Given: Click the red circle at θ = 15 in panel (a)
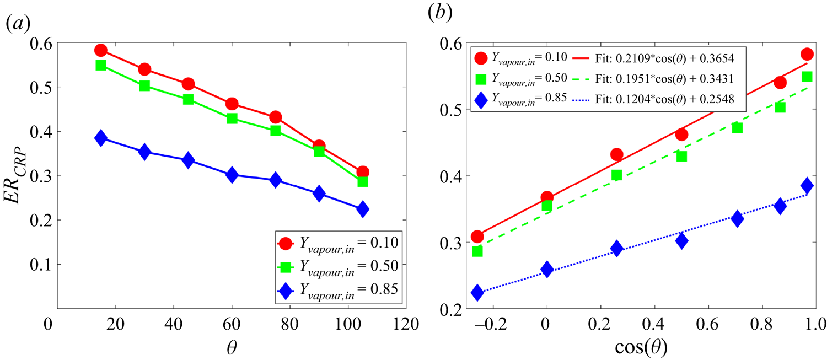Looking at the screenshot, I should tap(100, 50).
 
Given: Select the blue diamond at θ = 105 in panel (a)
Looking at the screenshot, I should tap(362, 209).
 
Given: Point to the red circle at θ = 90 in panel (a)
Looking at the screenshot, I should tap(319, 147).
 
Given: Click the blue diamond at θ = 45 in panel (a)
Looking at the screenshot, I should tap(188, 160).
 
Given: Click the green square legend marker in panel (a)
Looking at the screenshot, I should tap(285, 266).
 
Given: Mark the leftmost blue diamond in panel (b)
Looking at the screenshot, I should tap(477, 293).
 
